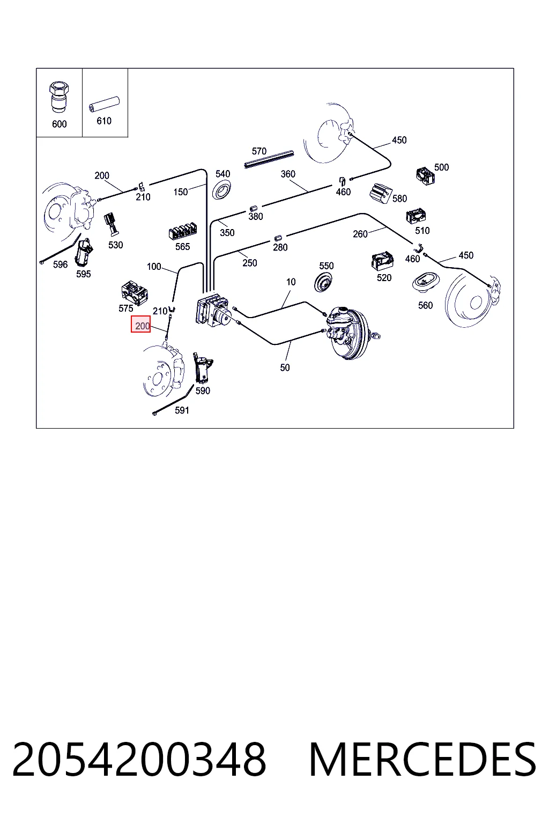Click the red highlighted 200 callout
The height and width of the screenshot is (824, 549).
tap(141, 324)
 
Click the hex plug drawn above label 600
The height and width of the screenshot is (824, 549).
tap(59, 97)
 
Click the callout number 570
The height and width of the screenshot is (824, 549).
tap(259, 151)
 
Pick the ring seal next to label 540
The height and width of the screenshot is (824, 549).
tap(222, 189)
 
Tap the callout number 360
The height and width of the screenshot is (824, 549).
tap(288, 174)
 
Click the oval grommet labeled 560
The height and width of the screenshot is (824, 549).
tap(424, 283)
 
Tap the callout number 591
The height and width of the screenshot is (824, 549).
tap(182, 410)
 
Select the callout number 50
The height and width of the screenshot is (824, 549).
tap(285, 367)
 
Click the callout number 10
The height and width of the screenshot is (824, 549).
tap(291, 282)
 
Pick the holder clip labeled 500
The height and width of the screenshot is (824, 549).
tap(426, 176)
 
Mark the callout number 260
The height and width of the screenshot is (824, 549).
tap(360, 234)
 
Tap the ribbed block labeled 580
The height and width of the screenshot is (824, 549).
tap(381, 193)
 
